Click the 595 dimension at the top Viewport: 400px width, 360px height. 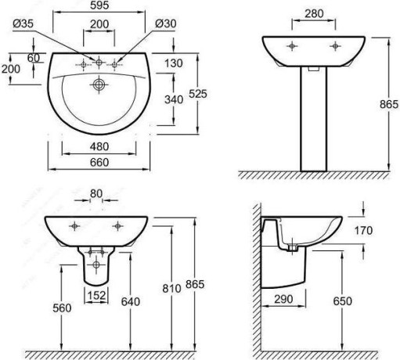[x=99, y=5]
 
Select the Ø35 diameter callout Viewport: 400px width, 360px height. [x=23, y=23]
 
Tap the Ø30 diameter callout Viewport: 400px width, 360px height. [x=166, y=23]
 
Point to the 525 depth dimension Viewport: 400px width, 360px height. [x=198, y=94]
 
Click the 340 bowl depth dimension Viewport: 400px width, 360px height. [x=174, y=99]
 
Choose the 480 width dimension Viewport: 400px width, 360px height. [x=99, y=146]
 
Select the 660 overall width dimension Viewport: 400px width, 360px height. [x=99, y=163]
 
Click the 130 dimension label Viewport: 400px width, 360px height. [x=174, y=63]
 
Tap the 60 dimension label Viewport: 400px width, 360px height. [x=34, y=58]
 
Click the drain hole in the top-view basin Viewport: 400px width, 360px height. [x=99, y=85]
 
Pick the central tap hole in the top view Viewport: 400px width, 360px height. [x=99, y=63]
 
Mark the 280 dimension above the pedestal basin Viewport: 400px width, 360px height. [x=314, y=13]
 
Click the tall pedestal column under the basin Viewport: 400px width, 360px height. [x=314, y=119]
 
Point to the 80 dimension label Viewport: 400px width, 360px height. [x=96, y=194]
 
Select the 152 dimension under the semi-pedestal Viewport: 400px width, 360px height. [x=96, y=295]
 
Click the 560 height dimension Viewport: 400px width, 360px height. [x=62, y=308]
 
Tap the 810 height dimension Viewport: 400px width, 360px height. [x=171, y=289]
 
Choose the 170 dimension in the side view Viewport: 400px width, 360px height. [x=363, y=231]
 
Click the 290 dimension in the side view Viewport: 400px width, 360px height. [x=283, y=299]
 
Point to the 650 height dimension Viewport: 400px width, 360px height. [x=343, y=301]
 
